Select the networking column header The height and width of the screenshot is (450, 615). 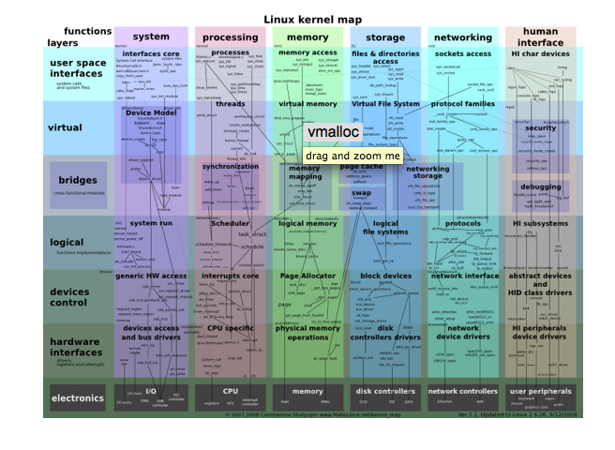pos(462,37)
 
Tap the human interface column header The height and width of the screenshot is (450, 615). pos(540,37)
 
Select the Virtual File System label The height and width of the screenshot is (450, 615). pos(385,103)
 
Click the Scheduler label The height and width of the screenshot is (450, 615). pos(230,224)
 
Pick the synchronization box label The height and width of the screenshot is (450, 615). pos(230,167)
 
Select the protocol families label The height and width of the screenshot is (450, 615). pos(462,104)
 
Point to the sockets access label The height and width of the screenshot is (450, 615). pos(462,53)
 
